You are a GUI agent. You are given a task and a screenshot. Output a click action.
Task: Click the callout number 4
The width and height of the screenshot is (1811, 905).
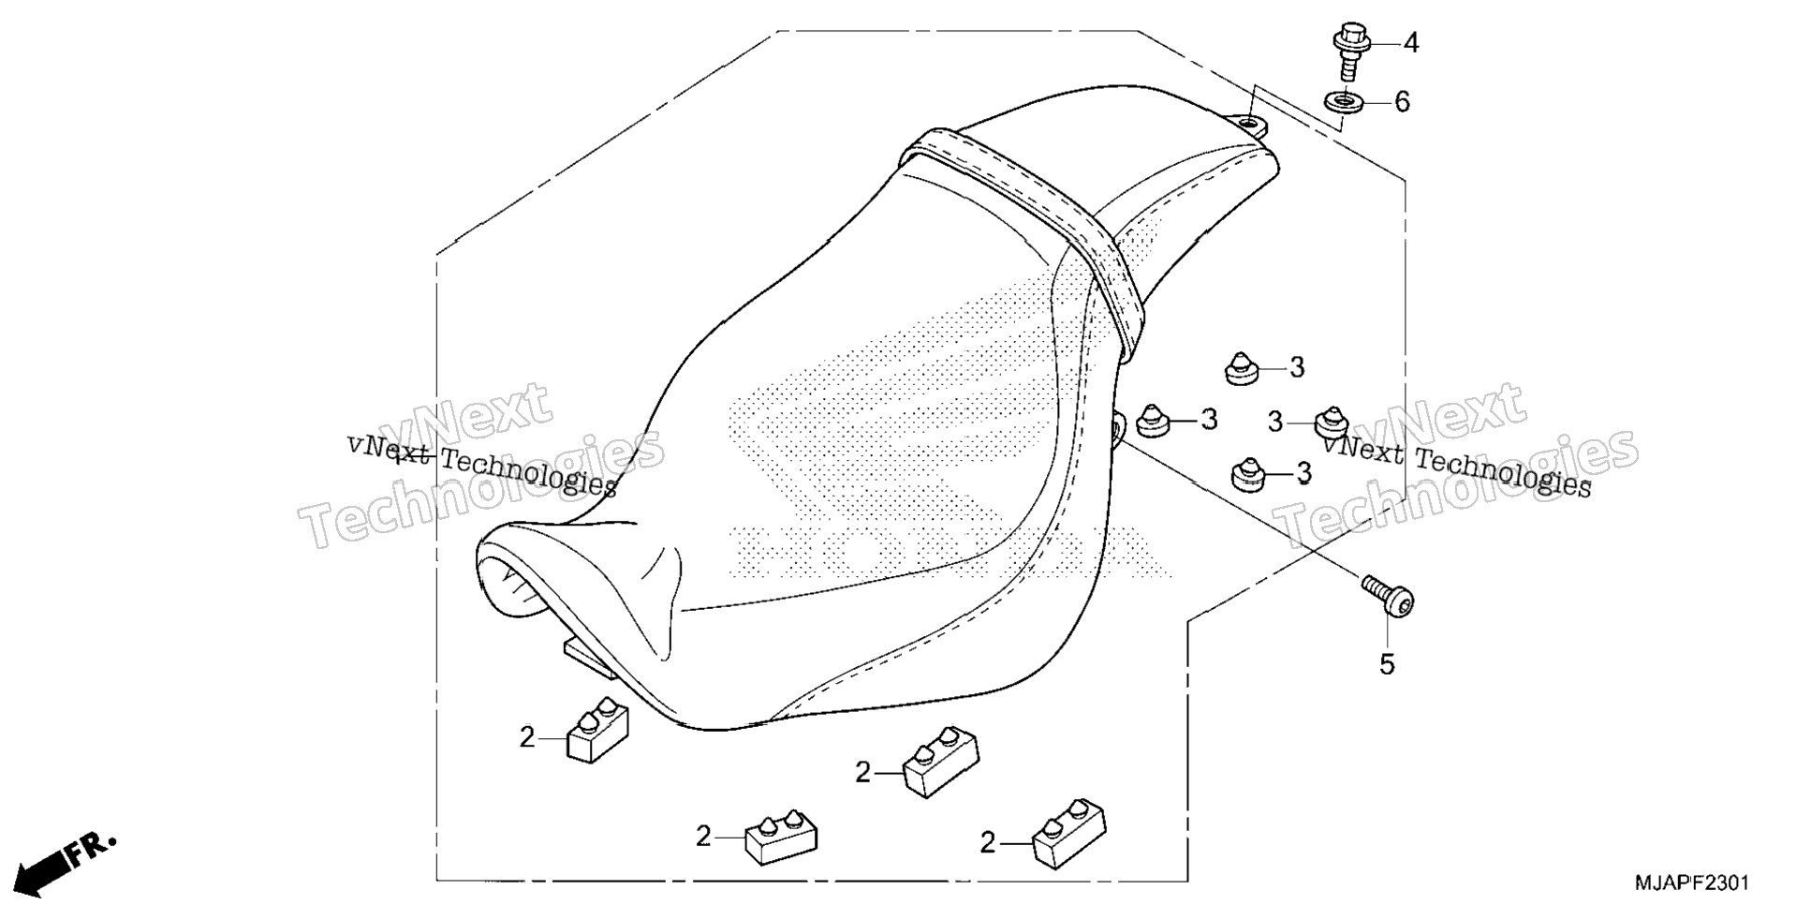(1410, 43)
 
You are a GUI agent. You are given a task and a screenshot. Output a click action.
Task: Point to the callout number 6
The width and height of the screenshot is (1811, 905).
(1402, 101)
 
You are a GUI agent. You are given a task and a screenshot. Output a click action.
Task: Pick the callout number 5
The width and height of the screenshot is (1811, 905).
(1387, 664)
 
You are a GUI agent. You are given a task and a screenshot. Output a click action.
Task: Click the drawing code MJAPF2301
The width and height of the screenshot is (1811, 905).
(1691, 883)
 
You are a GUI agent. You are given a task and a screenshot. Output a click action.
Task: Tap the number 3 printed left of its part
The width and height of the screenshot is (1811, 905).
(1274, 423)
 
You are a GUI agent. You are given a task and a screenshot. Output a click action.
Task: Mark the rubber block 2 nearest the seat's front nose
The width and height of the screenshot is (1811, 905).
(597, 729)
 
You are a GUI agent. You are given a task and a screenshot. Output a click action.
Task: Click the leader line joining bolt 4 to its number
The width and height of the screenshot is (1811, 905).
(1383, 43)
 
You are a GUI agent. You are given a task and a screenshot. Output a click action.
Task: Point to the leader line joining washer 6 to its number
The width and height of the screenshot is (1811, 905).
(1377, 99)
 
